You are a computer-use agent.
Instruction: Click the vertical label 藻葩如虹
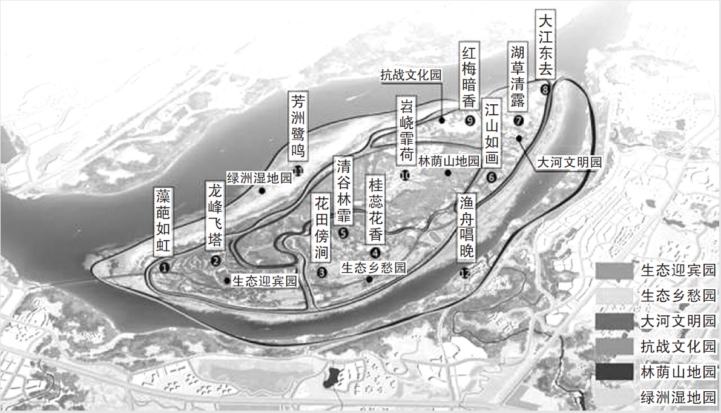(x=164, y=221)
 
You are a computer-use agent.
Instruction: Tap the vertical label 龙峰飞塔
(x=216, y=215)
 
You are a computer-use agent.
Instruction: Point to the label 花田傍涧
(x=321, y=227)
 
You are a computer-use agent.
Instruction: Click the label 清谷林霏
(x=343, y=190)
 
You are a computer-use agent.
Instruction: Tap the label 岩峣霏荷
(x=406, y=130)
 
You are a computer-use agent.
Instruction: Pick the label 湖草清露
(x=518, y=76)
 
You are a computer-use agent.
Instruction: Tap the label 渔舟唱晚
(x=466, y=227)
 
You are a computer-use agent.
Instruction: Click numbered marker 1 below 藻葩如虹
(x=164, y=266)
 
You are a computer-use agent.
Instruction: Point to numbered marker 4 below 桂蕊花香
(x=376, y=253)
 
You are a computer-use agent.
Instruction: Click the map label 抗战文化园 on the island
(x=411, y=75)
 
